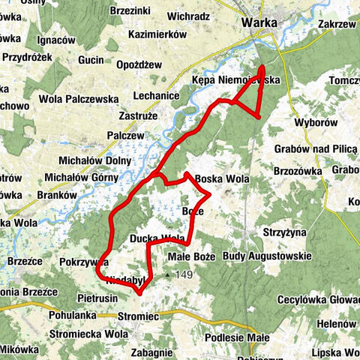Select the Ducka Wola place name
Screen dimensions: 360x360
(x=157, y=238)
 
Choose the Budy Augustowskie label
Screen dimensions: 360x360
(x=267, y=256)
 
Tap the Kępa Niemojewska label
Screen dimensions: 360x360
(x=235, y=79)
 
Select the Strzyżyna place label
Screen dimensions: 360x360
(x=283, y=232)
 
